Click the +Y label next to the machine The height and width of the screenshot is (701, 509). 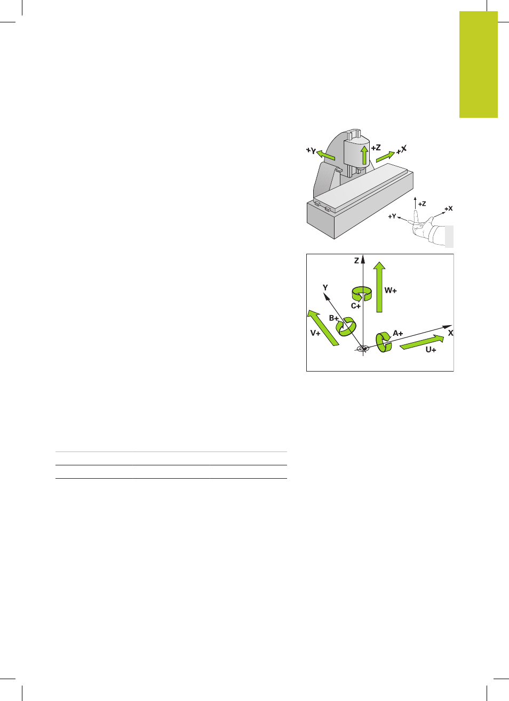click(311, 151)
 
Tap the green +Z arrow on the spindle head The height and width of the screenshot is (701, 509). click(364, 155)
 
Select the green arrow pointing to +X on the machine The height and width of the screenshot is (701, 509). click(385, 157)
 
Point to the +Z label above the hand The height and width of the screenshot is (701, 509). click(422, 204)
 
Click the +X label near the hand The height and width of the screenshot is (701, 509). click(448, 208)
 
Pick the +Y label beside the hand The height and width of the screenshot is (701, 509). click(392, 216)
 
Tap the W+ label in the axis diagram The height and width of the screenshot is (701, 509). click(390, 291)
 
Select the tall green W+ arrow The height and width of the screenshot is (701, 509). click(379, 287)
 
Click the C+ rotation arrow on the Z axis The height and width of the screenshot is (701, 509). click(361, 294)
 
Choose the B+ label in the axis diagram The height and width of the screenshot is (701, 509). click(334, 318)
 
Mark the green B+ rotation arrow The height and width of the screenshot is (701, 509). click(346, 327)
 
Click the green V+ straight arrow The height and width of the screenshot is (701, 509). click(323, 328)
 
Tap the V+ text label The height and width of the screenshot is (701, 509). click(315, 334)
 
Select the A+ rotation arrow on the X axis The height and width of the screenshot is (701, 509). click(384, 342)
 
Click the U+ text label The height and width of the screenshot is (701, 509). click(431, 350)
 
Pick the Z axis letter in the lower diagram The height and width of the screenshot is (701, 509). click(356, 260)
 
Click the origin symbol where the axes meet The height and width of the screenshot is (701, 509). click(363, 348)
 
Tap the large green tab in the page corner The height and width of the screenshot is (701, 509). click(478, 65)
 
